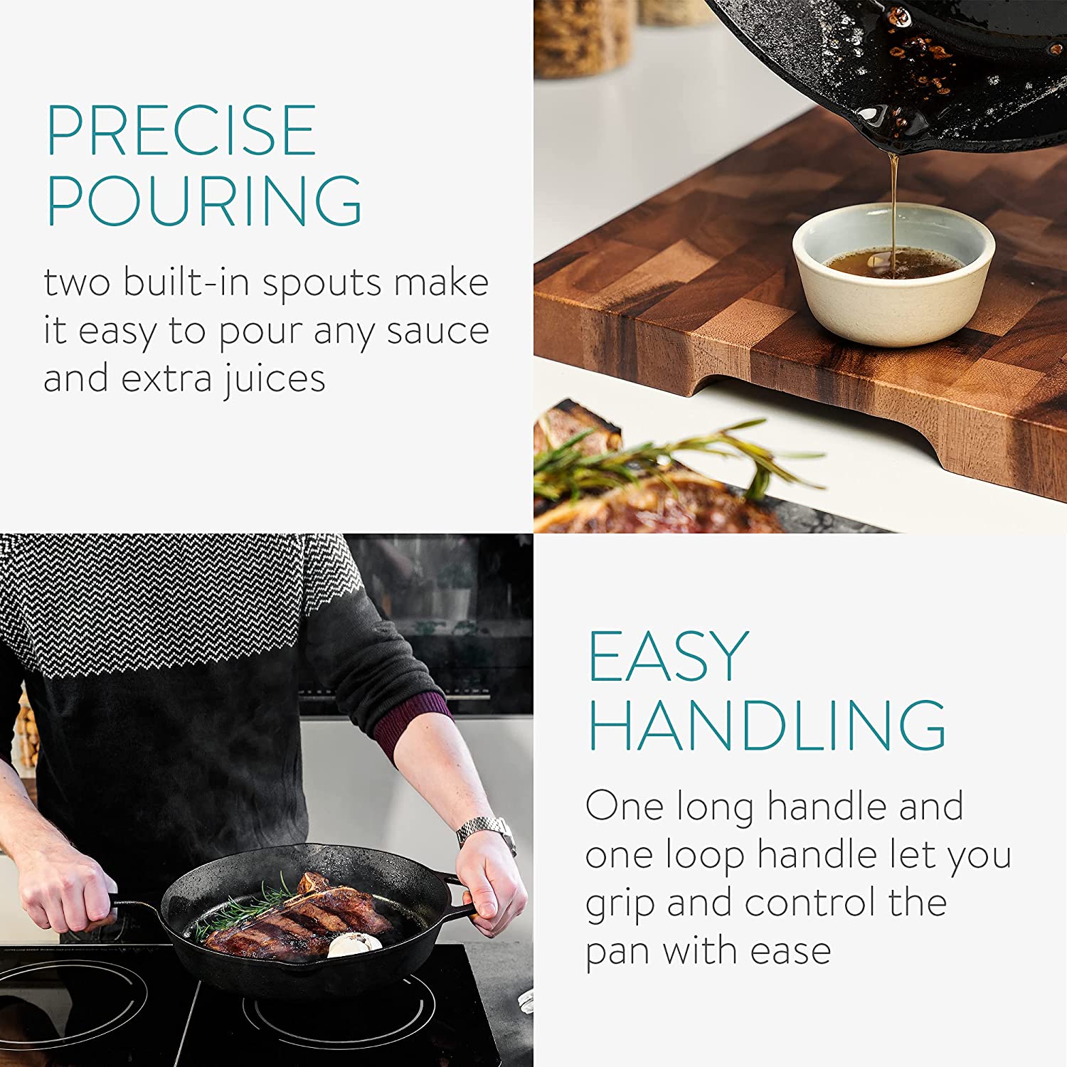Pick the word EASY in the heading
coord(669,656)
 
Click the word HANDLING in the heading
coord(767,725)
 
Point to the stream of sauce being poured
coord(893,206)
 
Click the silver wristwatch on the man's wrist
coord(487,832)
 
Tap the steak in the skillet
coord(299,921)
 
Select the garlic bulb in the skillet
coord(354,945)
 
